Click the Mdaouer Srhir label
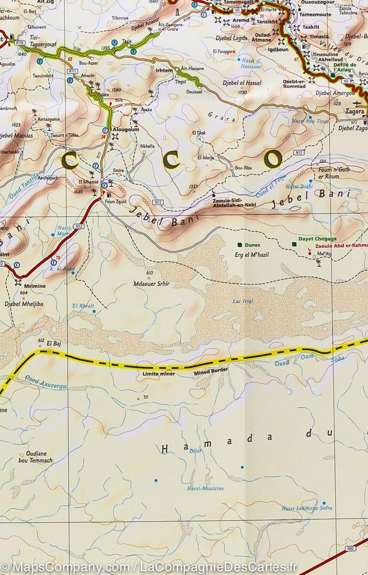tap(151, 284)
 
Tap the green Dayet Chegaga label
tap(317, 239)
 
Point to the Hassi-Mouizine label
tap(205, 488)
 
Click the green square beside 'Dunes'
tap(240, 244)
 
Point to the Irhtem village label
tap(164, 70)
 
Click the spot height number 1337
tap(194, 186)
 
